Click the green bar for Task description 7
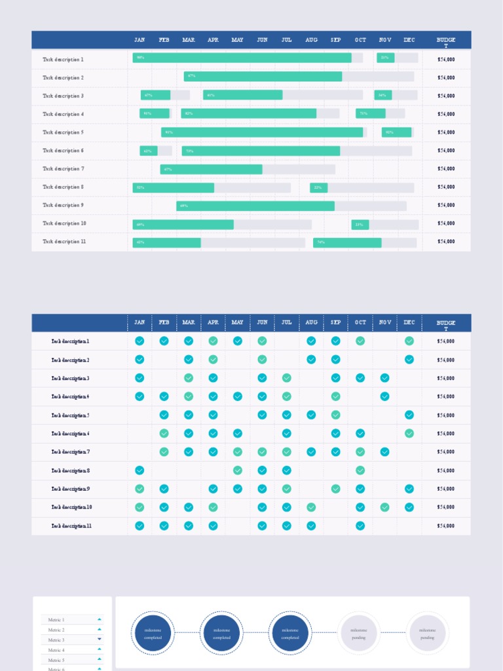pyautogui.click(x=211, y=169)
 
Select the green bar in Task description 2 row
pyautogui.click(x=263, y=77)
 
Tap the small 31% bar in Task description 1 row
pyautogui.click(x=385, y=58)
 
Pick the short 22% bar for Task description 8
pyautogui.click(x=318, y=187)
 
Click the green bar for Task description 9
pyautogui.click(x=255, y=206)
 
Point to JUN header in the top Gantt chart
pyautogui.click(x=262, y=40)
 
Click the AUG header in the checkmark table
pyautogui.click(x=311, y=322)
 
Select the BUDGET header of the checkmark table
pyautogui.click(x=446, y=323)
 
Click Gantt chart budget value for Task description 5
pyautogui.click(x=446, y=132)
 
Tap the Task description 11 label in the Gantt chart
pyautogui.click(x=64, y=242)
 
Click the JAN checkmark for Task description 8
pyautogui.click(x=140, y=470)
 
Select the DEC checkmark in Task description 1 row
pyautogui.click(x=409, y=341)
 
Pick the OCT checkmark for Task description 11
pyautogui.click(x=360, y=526)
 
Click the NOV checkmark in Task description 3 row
pyautogui.click(x=384, y=377)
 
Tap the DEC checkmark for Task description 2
pyautogui.click(x=409, y=359)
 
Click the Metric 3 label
pyautogui.click(x=56, y=640)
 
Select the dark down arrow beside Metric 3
pyautogui.click(x=100, y=639)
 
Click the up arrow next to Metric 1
pyautogui.click(x=100, y=619)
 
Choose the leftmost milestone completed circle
pyautogui.click(x=153, y=633)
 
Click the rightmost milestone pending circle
pyautogui.click(x=427, y=633)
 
